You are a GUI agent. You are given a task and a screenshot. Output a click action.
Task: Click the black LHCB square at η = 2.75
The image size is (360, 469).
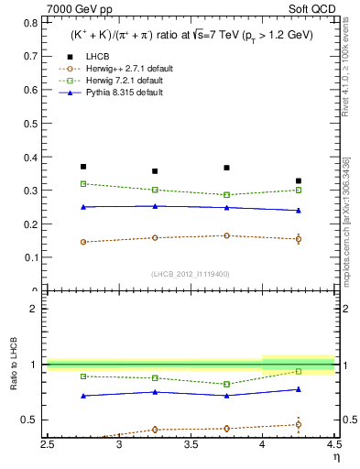83,167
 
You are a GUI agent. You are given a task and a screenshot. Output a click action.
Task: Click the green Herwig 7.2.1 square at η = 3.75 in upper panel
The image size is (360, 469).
226,195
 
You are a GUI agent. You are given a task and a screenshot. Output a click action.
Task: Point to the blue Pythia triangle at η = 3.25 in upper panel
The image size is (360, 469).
155,206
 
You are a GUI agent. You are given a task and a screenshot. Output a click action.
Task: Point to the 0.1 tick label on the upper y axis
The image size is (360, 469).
32,257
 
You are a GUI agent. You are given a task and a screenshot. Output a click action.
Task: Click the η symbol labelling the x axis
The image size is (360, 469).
335,457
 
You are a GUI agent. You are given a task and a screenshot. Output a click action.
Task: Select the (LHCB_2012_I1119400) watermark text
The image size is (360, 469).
191,273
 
